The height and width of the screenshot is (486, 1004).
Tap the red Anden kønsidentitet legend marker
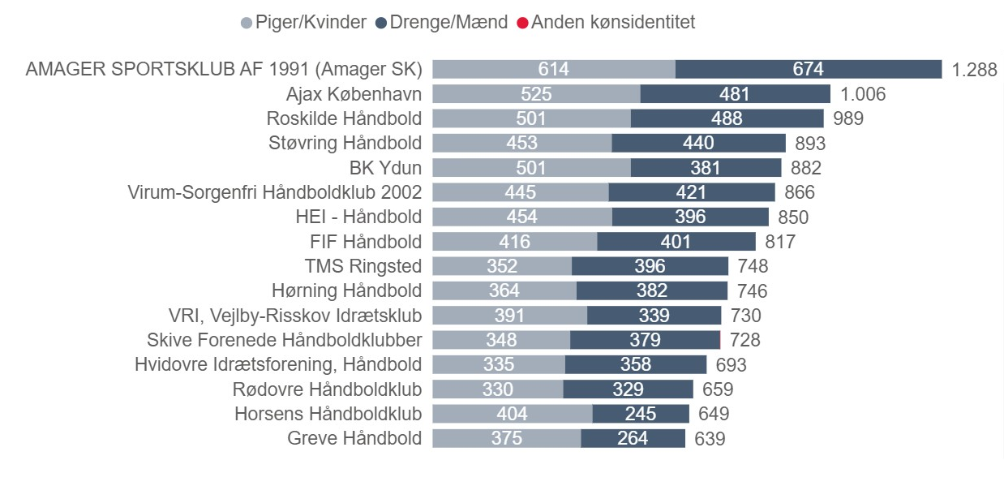tap(524, 23)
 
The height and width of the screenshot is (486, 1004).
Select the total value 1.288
tap(974, 70)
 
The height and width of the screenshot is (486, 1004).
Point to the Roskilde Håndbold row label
tap(344, 118)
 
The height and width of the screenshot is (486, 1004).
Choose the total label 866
tap(800, 192)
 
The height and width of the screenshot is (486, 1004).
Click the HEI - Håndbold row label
tap(358, 217)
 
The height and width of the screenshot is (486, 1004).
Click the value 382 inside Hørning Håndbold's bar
tap(651, 290)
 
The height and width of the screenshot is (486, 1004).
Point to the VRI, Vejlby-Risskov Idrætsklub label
tap(294, 315)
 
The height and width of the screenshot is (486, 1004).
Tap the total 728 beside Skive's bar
tap(744, 340)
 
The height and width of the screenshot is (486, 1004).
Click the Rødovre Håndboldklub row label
tap(327, 389)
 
